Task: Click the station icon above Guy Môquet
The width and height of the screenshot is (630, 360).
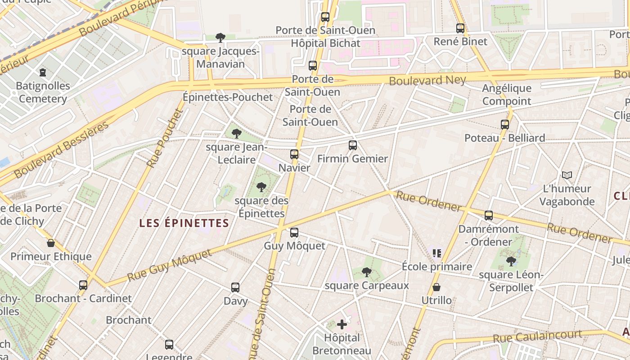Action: tap(294, 233)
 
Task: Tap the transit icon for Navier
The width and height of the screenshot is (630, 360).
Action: tap(294, 154)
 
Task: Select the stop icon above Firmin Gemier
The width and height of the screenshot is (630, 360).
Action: tap(353, 145)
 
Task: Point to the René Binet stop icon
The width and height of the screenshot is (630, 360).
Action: tap(460, 28)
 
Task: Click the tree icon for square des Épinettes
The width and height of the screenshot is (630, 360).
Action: tap(261, 187)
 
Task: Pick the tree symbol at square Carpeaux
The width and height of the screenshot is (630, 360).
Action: tap(367, 272)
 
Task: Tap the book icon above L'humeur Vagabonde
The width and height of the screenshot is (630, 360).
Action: tap(567, 175)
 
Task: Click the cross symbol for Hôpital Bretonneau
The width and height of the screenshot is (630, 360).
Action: tap(342, 324)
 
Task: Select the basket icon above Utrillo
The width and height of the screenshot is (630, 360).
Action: tap(436, 287)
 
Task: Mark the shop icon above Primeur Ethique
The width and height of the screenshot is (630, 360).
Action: tap(51, 243)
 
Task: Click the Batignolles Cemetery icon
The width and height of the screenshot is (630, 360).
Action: tap(43, 72)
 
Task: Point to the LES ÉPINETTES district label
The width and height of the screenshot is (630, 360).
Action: tap(184, 223)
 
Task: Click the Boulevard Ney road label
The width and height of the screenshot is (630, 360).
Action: tap(427, 81)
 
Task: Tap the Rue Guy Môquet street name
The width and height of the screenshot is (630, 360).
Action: tap(169, 265)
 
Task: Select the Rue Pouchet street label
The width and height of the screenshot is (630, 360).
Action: tap(165, 138)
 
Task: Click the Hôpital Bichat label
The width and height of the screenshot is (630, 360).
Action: tap(326, 43)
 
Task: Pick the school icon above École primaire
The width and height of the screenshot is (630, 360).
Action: tap(436, 253)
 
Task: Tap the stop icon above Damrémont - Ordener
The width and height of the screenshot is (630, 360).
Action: tap(489, 216)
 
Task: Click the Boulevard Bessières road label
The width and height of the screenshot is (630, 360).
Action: tap(61, 149)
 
